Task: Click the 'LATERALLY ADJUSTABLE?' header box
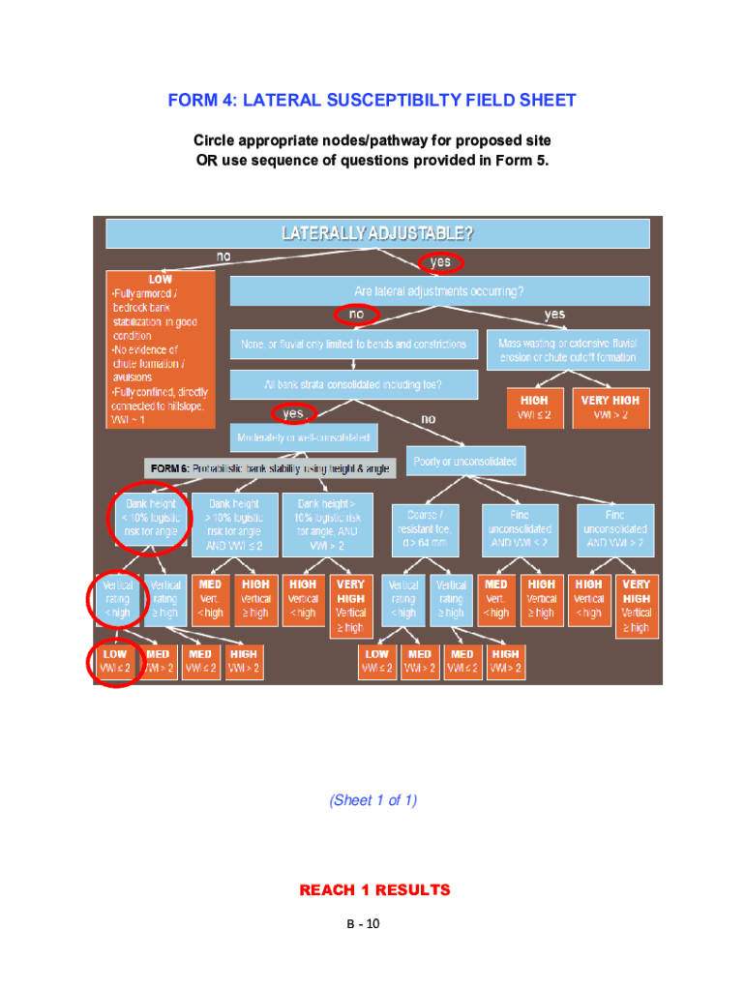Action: [x=377, y=233]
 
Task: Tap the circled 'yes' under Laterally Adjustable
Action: [x=440, y=262]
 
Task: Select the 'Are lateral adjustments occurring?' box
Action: [x=439, y=290]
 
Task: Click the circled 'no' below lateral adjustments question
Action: [x=357, y=315]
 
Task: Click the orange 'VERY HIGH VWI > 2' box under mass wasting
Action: [x=610, y=407]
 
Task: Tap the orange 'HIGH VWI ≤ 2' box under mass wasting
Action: [x=534, y=407]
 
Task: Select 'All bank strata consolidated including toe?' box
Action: [x=354, y=384]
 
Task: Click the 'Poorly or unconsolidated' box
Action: [x=464, y=461]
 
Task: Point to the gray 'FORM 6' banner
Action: [x=270, y=468]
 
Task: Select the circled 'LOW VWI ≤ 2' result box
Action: [x=115, y=661]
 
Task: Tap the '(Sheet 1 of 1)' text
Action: [x=372, y=799]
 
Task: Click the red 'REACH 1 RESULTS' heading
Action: [x=374, y=889]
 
